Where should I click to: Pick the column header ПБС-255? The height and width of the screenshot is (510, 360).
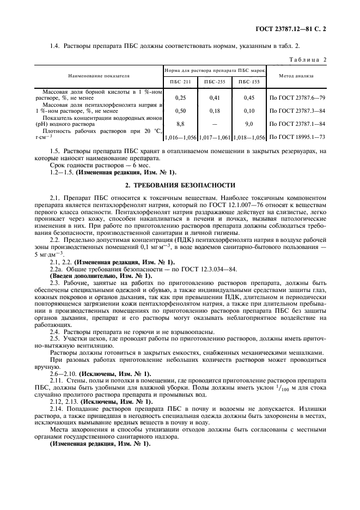coord(213,81)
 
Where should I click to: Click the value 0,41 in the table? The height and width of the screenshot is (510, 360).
coord(213,98)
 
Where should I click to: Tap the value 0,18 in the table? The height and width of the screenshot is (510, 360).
coord(213,111)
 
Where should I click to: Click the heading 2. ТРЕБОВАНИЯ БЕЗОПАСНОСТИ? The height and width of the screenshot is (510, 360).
coord(181,185)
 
